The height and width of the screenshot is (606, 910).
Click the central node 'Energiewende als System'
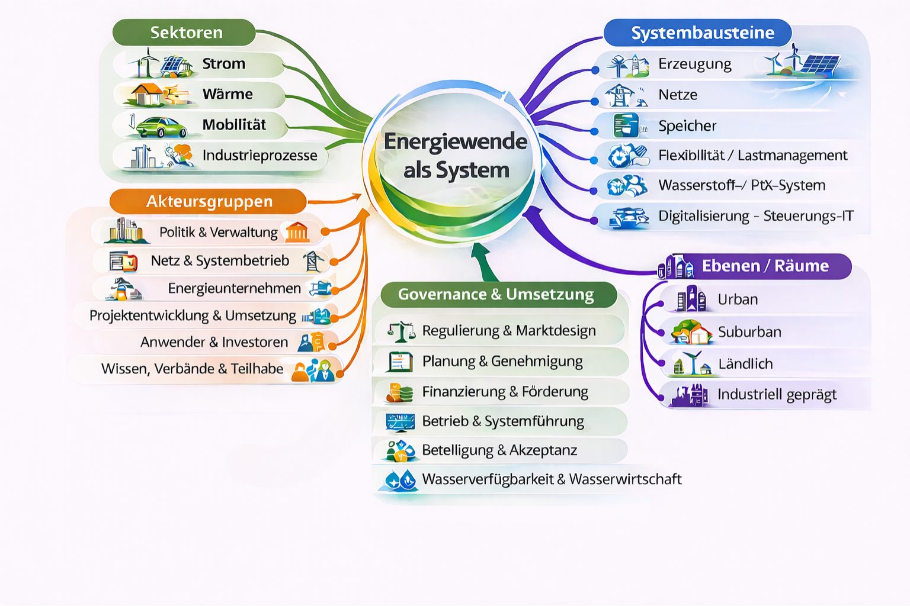pyautogui.click(x=455, y=156)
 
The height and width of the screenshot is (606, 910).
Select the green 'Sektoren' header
pyautogui.click(x=185, y=33)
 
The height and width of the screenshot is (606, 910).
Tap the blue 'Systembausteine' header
pyautogui.click(x=701, y=33)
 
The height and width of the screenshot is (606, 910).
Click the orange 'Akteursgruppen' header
pyautogui.click(x=209, y=202)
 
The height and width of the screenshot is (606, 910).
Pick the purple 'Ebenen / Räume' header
pyautogui.click(x=764, y=266)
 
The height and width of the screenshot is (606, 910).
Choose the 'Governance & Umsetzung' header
pyautogui.click(x=496, y=294)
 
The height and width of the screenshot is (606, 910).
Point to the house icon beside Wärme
pyautogui.click(x=147, y=94)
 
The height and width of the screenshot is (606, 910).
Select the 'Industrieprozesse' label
pyautogui.click(x=259, y=156)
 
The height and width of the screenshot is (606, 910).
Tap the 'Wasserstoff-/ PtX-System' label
pyautogui.click(x=741, y=185)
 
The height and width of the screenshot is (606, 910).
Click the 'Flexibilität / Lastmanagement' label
pyautogui.click(x=752, y=155)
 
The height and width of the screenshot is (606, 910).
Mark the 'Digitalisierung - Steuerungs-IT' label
pyautogui.click(x=755, y=216)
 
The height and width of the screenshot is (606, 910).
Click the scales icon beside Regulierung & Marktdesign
pyautogui.click(x=401, y=331)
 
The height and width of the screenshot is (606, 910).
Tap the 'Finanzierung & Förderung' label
pyautogui.click(x=505, y=392)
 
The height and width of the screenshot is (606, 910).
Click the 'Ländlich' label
pyautogui.click(x=745, y=364)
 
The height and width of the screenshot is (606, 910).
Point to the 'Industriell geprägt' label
pyautogui.click(x=777, y=395)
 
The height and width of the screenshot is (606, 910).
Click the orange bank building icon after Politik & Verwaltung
pyautogui.click(x=297, y=232)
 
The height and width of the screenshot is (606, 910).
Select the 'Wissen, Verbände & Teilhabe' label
pyautogui.click(x=192, y=369)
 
